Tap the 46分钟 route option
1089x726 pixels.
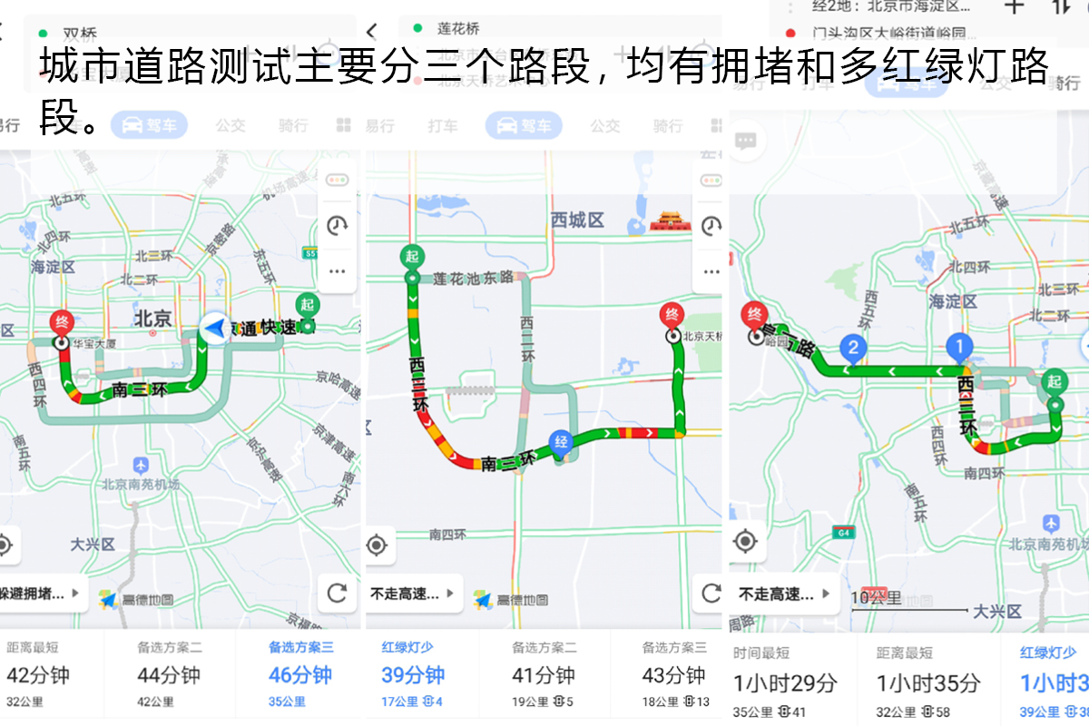(x=300, y=675)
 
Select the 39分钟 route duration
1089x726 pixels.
(x=413, y=675)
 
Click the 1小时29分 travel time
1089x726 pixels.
(x=785, y=682)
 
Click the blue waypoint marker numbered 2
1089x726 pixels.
(x=852, y=347)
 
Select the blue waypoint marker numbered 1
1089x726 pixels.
(x=959, y=346)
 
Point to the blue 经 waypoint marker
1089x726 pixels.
(x=561, y=442)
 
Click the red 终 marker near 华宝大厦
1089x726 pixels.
(x=62, y=323)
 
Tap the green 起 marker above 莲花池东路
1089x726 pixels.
(x=412, y=258)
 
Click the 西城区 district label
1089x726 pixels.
(x=577, y=221)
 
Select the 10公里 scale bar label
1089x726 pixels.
(x=876, y=598)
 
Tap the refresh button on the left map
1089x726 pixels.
(x=337, y=594)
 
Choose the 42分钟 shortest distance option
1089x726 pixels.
(x=38, y=675)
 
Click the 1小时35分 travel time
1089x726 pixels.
(x=928, y=682)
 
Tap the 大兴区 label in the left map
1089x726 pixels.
(x=93, y=544)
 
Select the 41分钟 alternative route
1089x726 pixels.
(x=543, y=675)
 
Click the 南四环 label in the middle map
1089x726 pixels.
(x=447, y=535)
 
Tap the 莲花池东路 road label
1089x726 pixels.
(x=473, y=277)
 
